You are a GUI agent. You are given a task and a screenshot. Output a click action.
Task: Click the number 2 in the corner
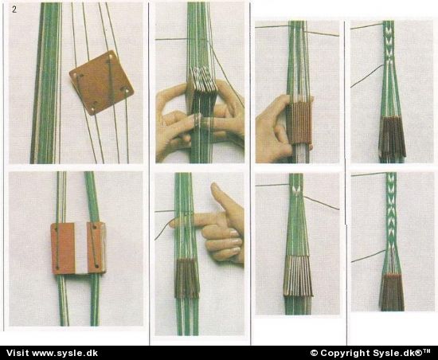(14, 10)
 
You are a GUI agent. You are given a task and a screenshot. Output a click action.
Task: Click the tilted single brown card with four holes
(101, 83)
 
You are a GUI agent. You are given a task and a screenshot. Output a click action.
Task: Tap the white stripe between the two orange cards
(81, 248)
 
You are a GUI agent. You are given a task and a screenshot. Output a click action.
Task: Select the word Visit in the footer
(18, 353)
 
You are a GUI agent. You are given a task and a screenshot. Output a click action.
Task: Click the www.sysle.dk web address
(65, 353)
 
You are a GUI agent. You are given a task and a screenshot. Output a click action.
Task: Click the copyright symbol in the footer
(314, 354)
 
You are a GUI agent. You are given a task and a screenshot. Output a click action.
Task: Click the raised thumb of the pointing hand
(220, 195)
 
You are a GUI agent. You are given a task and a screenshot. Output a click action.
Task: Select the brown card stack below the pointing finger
(186, 278)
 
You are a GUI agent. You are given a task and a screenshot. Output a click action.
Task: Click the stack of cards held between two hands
(202, 80)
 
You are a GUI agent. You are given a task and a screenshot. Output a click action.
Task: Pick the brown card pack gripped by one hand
(299, 122)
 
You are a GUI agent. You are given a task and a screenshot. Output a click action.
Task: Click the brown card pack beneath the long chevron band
(392, 292)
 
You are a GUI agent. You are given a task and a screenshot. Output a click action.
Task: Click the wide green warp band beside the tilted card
(46, 83)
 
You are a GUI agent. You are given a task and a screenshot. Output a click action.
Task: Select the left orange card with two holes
(63, 248)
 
